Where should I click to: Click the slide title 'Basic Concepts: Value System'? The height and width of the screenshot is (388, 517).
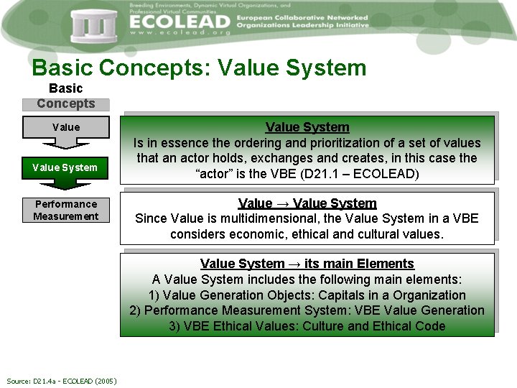click(x=199, y=68)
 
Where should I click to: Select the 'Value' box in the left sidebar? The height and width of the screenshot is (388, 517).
click(x=66, y=127)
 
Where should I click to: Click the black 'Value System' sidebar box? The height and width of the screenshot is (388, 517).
click(x=66, y=168)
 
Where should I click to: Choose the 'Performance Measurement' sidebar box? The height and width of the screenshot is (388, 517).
click(x=66, y=210)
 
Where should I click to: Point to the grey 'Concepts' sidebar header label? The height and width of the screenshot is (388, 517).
click(x=66, y=103)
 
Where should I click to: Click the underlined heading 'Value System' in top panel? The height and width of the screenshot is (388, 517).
click(x=307, y=127)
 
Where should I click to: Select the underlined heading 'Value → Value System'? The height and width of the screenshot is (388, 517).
click(x=307, y=203)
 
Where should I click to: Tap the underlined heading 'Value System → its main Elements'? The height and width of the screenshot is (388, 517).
click(x=307, y=264)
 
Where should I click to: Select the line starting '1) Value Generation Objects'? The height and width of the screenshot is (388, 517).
click(x=307, y=295)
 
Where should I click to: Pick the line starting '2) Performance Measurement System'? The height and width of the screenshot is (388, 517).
click(x=307, y=310)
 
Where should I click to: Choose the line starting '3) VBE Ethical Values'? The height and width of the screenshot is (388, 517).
click(x=307, y=326)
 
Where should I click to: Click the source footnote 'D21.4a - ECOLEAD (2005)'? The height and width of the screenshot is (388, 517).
click(x=61, y=381)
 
